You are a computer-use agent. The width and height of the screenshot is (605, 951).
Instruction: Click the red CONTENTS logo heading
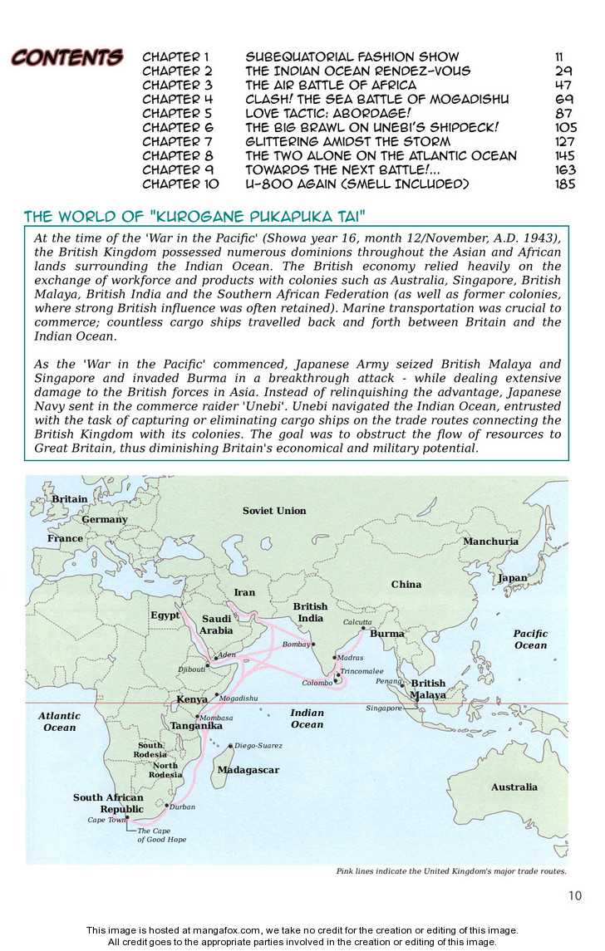click(66, 58)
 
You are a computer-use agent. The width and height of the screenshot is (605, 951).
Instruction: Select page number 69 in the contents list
click(564, 99)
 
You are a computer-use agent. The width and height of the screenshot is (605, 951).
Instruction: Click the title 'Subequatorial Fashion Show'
click(352, 56)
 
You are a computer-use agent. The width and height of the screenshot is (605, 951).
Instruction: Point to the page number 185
click(564, 184)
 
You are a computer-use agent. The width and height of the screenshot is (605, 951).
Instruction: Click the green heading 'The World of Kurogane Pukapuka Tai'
click(195, 217)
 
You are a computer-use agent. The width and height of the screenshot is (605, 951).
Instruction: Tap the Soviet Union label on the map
click(274, 511)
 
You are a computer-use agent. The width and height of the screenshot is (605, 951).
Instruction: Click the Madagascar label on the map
click(248, 770)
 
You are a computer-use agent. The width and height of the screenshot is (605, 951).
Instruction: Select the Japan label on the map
click(512, 578)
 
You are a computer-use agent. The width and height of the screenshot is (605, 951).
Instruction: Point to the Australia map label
click(514, 787)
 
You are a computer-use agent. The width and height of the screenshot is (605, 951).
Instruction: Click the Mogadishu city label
click(238, 699)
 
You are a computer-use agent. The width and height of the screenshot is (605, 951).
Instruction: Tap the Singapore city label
click(384, 708)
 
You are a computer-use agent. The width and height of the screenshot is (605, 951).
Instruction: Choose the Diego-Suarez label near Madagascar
click(258, 746)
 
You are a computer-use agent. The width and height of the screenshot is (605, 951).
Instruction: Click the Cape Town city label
click(106, 820)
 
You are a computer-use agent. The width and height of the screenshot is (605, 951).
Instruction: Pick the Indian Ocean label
click(307, 718)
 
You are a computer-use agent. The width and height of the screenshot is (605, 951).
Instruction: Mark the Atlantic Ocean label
click(59, 721)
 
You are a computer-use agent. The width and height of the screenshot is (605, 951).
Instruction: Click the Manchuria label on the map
click(490, 542)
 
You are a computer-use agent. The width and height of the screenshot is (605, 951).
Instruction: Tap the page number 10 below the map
click(575, 895)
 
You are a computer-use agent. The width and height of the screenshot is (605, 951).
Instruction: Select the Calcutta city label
click(357, 622)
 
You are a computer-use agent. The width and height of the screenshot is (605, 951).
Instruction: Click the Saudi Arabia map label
click(216, 625)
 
